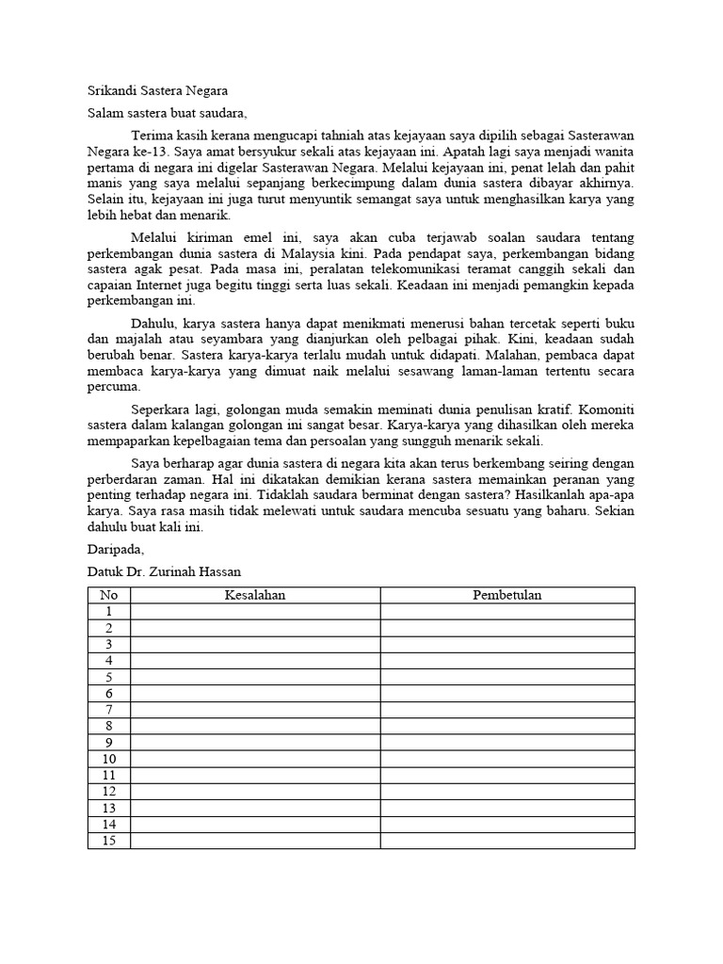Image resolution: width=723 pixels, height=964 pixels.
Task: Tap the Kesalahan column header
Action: pos(255,595)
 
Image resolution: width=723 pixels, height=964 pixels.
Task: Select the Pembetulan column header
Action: pos(507,595)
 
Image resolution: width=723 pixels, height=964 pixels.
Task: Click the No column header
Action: pos(109,595)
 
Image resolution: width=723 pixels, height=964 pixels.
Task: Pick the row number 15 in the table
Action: pos(109,841)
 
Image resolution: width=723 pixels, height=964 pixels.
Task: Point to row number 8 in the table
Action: pos(109,726)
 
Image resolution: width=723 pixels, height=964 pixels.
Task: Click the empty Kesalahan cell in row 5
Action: pos(255,677)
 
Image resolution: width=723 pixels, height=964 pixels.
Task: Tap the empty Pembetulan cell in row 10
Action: pos(507,759)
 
